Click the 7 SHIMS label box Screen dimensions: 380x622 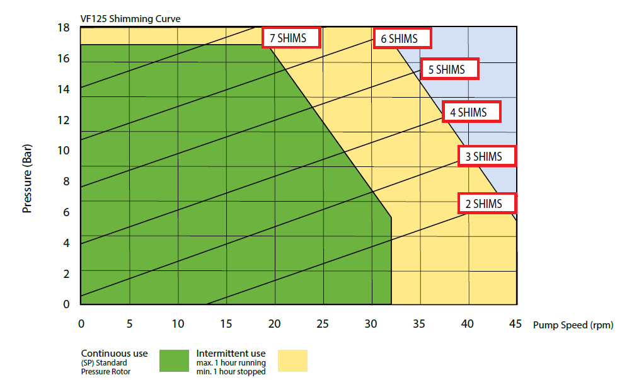pos(291,38)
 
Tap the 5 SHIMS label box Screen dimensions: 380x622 pos(450,69)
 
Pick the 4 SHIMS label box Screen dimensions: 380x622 pos(471,112)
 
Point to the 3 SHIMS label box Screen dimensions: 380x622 pos(487,156)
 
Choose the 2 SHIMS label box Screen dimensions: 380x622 pos(487,203)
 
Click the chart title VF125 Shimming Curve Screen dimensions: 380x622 pos(130,19)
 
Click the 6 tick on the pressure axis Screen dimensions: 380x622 pos(66,212)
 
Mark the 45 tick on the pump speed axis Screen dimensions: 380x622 pos(515,324)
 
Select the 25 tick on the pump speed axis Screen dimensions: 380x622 pos(323,324)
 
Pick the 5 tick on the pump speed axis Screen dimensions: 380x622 pos(129,324)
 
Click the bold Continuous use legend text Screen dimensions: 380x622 pos(114,354)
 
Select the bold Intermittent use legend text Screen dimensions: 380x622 pos(231,354)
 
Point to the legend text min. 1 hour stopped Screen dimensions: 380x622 pos(231,371)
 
